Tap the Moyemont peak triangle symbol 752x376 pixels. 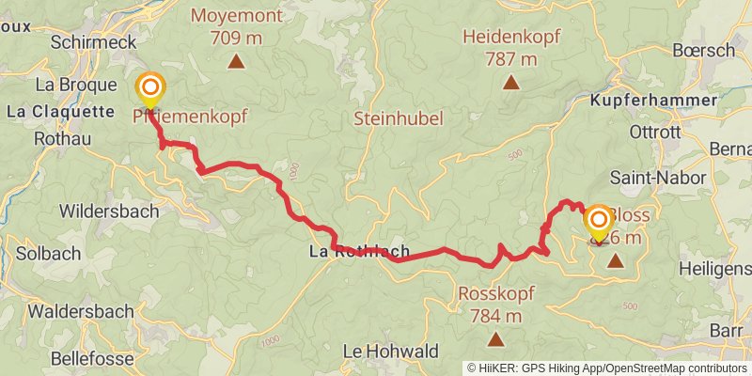click(236, 63)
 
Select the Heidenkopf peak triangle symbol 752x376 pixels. click(510, 83)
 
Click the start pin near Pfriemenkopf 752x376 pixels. click(149, 90)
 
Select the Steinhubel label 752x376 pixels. click(398, 118)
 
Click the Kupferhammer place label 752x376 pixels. click(653, 100)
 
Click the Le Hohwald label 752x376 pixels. click(390, 351)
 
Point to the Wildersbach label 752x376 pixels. click(109, 211)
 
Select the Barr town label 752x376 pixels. click(727, 331)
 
